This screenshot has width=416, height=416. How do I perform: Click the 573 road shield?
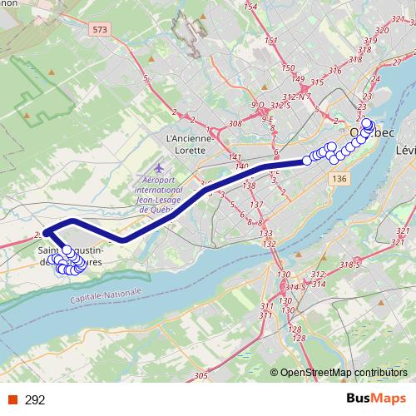101,30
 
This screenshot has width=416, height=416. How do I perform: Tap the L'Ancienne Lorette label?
192,144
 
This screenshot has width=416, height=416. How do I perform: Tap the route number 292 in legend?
35,400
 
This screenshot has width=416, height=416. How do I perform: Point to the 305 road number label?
201,377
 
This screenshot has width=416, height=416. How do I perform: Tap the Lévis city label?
406,151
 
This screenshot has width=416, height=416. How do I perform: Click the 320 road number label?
382,30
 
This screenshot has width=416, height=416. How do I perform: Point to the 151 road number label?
270,41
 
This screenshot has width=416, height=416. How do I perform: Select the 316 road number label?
335,71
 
